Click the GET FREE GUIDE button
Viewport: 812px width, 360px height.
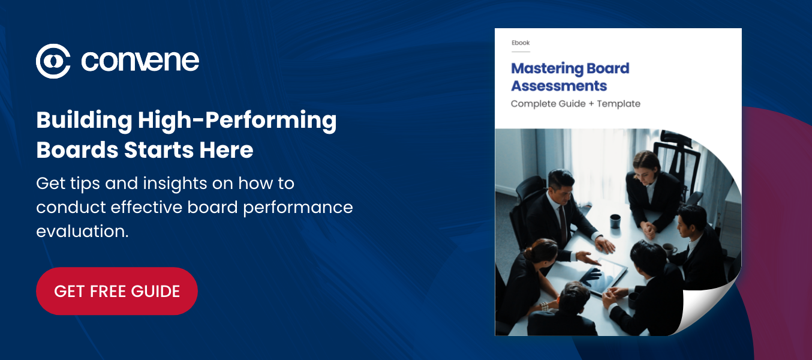(x=117, y=291)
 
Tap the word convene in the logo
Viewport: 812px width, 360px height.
(x=140, y=61)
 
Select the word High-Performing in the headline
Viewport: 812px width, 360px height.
(x=237, y=121)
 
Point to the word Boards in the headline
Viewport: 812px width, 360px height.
(x=77, y=150)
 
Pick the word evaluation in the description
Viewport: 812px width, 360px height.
(x=82, y=231)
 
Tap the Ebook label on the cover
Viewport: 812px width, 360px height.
(x=521, y=43)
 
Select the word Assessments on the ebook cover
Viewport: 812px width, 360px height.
(x=559, y=86)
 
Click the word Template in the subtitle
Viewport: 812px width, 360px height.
(x=618, y=104)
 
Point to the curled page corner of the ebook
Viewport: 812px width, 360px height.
(x=707, y=305)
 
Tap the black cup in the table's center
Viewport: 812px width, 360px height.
(x=615, y=221)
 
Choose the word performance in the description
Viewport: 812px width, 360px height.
(x=298, y=208)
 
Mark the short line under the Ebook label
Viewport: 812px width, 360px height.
(x=521, y=52)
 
